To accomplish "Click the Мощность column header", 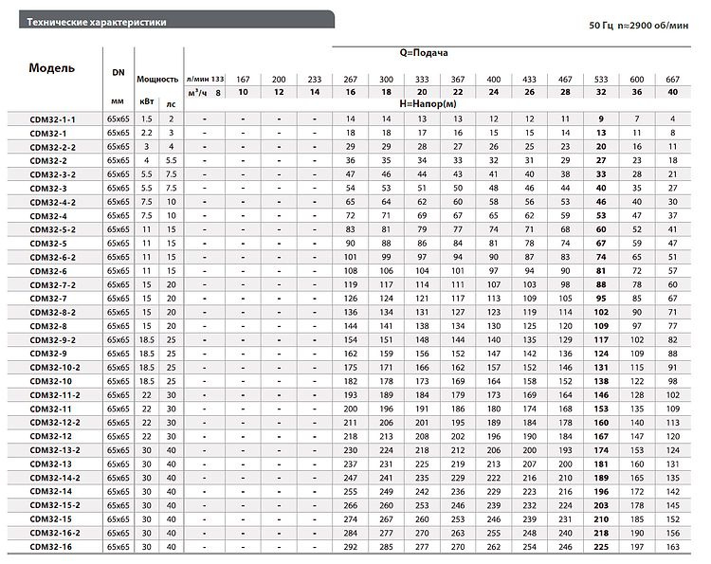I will [157, 80].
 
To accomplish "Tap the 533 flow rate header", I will [600, 78].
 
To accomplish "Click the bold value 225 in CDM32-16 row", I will [600, 547].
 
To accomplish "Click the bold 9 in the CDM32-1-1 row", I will [600, 118].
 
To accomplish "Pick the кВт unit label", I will [146, 100].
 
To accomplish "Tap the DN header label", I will [118, 72].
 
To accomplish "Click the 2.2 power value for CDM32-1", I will [146, 134].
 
